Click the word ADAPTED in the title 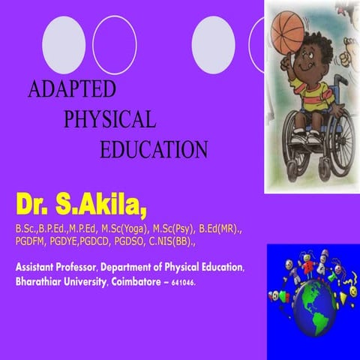(x=72, y=89)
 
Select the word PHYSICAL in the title (x=110, y=118)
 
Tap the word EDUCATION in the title (x=154, y=148)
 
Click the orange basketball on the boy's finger (x=288, y=31)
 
